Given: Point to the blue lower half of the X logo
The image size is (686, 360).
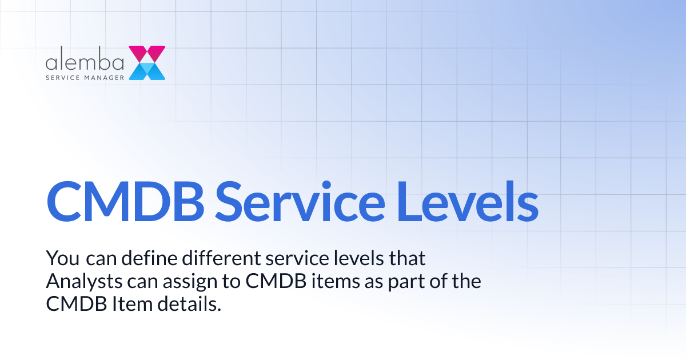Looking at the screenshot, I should tap(147, 71).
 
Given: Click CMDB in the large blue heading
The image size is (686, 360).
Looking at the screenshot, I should tap(123, 203).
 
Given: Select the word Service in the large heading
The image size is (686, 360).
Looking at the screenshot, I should tap(300, 203).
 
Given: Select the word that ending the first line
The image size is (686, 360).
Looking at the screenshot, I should tap(408, 258).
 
